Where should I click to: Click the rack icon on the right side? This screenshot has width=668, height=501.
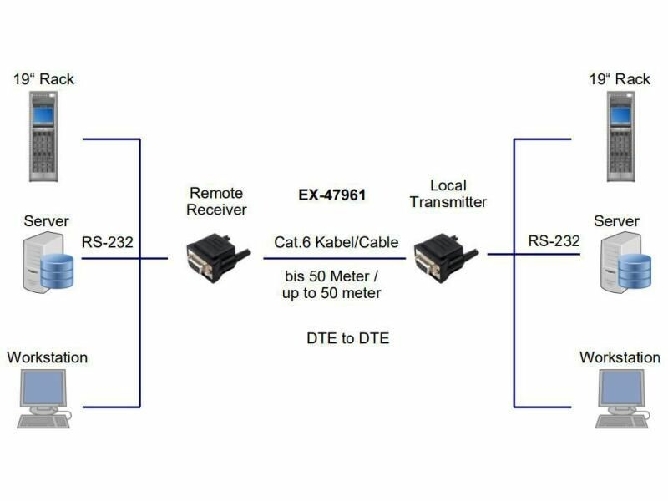click(x=620, y=136)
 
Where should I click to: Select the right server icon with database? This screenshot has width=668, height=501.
click(x=625, y=266)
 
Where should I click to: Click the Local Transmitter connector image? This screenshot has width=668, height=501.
click(x=443, y=256)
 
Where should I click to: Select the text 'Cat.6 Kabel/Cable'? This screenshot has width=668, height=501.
click(x=336, y=243)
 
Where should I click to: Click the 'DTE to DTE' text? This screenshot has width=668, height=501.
click(x=347, y=339)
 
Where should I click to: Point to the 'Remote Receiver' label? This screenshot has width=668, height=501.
click(x=216, y=201)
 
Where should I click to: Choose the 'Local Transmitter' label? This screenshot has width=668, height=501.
click(x=448, y=193)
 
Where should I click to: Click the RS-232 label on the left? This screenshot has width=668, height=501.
click(x=107, y=243)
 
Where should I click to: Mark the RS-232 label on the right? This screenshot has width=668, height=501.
click(x=553, y=241)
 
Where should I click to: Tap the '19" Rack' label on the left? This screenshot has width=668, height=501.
click(x=43, y=79)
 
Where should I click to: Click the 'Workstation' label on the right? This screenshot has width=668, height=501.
click(x=620, y=357)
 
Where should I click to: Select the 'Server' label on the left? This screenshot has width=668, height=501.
click(x=46, y=221)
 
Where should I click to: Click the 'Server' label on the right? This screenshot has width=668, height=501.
click(x=616, y=221)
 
